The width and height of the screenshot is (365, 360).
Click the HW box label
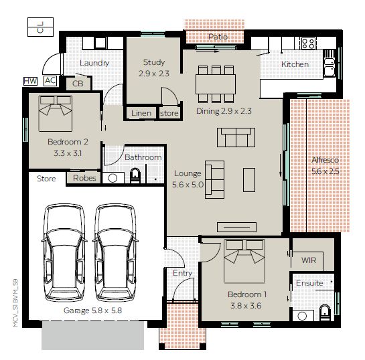(x=30, y=81)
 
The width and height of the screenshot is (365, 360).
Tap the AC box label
(x=50, y=81)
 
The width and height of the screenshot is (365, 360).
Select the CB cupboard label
(x=78, y=84)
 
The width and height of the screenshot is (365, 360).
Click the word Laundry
(x=94, y=63)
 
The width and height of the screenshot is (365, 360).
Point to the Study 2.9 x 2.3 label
(x=153, y=68)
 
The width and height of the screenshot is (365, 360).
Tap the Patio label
(x=217, y=37)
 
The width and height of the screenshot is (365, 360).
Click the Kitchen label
(x=295, y=64)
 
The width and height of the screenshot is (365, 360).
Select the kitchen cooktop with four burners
(x=308, y=43)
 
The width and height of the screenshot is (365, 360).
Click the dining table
(x=216, y=84)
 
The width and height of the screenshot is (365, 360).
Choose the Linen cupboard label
(x=141, y=113)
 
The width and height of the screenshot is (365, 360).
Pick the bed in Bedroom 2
(x=56, y=114)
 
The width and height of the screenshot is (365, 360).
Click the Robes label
(x=84, y=178)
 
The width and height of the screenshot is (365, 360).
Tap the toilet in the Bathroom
(x=135, y=177)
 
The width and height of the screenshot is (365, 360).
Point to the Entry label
(x=182, y=273)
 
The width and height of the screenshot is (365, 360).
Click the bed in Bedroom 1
(x=244, y=262)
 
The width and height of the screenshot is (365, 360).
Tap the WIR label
(x=309, y=258)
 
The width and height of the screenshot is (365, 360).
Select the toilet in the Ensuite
(x=325, y=311)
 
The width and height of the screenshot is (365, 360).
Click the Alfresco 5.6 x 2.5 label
(x=326, y=166)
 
